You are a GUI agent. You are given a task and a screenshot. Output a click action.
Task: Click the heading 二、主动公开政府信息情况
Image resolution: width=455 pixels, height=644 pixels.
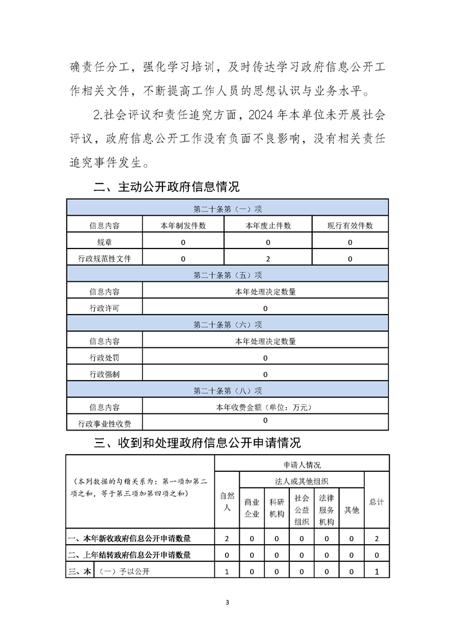click(x=166, y=187)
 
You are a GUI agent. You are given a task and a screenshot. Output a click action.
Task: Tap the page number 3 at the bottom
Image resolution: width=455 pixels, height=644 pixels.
click(x=228, y=602)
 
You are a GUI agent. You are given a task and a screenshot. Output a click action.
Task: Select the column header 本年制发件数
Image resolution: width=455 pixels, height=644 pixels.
click(x=183, y=226)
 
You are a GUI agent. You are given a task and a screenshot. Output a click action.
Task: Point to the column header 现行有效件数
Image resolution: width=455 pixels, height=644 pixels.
click(x=350, y=226)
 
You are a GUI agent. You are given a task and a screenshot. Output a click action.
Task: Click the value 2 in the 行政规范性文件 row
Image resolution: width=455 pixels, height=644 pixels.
click(x=268, y=259)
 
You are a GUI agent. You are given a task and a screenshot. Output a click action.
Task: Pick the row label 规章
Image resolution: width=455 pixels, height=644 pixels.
click(x=104, y=242)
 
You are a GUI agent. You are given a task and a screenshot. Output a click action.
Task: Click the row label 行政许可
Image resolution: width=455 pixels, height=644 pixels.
click(x=104, y=308)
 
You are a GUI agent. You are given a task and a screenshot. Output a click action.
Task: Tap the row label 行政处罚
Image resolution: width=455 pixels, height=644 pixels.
click(x=104, y=358)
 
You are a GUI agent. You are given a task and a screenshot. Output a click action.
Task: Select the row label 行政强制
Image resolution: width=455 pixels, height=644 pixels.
click(x=104, y=374)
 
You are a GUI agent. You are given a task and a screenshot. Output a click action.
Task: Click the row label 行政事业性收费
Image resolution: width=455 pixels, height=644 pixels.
click(x=104, y=424)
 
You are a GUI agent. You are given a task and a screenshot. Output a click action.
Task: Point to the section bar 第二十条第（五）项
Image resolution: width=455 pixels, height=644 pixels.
click(x=228, y=275)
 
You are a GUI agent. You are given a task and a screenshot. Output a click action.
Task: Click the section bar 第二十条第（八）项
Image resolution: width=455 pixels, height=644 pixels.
click(x=228, y=391)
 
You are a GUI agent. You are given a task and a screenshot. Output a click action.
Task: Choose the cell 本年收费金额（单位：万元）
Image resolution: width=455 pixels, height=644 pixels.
click(x=265, y=408)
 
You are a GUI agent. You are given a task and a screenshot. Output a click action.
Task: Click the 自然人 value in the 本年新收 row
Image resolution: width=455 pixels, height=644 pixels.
click(x=227, y=538)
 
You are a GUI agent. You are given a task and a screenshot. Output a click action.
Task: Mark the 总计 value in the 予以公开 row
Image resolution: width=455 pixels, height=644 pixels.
click(x=376, y=572)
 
